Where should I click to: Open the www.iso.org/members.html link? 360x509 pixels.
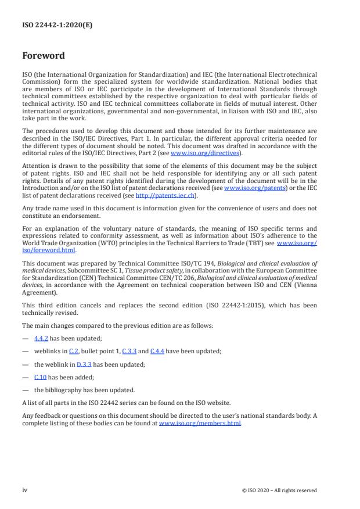(200, 423)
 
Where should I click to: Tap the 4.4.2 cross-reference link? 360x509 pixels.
(41, 338)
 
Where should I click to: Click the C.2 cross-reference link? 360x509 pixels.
(74, 350)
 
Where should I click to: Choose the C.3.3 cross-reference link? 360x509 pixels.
(129, 350)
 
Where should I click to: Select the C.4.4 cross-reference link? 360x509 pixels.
(157, 350)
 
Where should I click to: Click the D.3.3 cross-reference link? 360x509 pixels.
(85, 364)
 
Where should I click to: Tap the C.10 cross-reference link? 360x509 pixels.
(40, 377)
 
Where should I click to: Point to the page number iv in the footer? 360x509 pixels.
(25, 490)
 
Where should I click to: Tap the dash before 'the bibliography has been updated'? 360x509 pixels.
(25, 390)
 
